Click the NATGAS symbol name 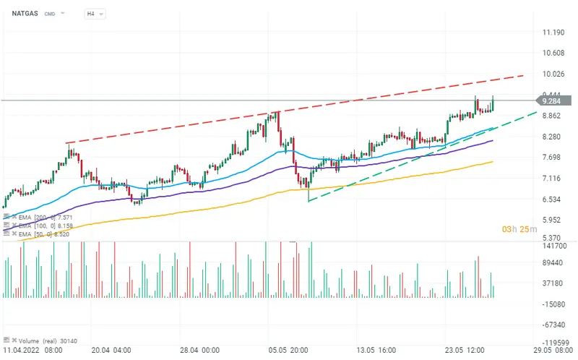[x=25, y=13]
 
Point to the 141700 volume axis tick [x=555, y=247]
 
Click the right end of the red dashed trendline [x=523, y=74]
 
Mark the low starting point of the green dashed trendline [x=309, y=202]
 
